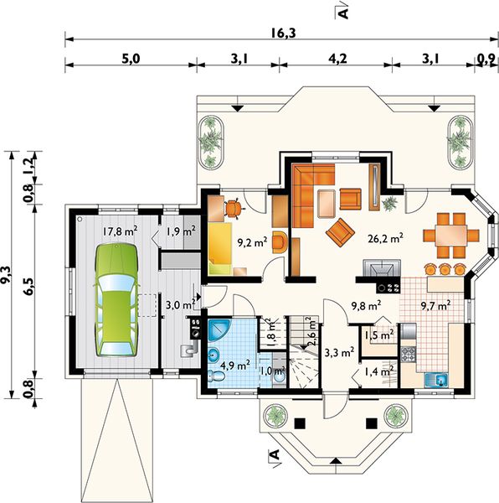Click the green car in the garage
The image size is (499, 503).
[x=116, y=299]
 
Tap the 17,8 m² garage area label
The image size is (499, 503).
[x=120, y=231]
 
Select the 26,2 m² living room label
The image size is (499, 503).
[x=385, y=238]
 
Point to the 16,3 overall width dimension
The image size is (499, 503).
[x=284, y=33]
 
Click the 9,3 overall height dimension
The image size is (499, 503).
[x=7, y=275]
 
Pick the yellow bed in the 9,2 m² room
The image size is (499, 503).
[x=220, y=249]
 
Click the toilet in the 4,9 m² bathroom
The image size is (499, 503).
[x=215, y=376]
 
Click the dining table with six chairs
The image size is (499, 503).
[x=451, y=235]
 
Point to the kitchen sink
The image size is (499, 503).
[x=437, y=380]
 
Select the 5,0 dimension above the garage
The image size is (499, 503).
[x=131, y=59]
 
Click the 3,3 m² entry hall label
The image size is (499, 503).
[x=339, y=353]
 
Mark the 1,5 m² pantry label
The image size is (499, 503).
[x=379, y=335]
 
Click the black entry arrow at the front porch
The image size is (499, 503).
[x=336, y=460]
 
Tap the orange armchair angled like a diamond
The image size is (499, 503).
[x=340, y=232]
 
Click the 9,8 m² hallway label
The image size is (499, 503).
[x=366, y=306]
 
